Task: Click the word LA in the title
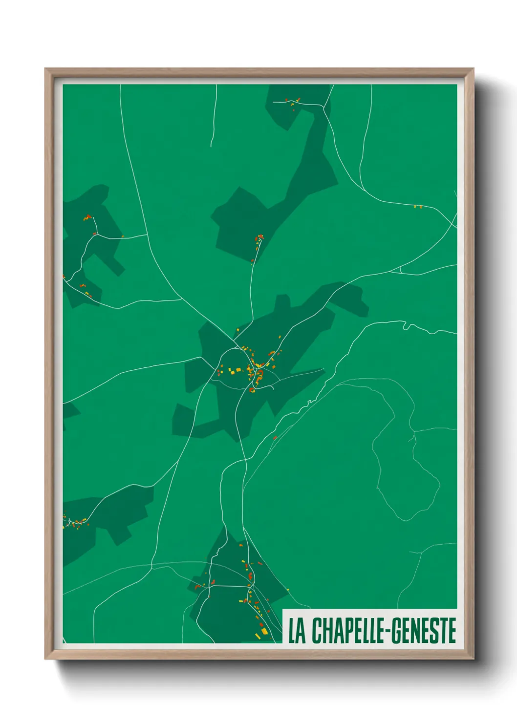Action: pos(296,631)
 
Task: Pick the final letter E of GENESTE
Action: pos(452,631)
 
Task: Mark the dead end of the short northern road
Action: pos(211,146)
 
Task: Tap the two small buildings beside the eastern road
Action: pos(417,207)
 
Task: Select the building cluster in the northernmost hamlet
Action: pos(295,102)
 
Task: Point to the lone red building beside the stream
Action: pos(275,438)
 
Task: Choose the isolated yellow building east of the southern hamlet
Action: pos(287,590)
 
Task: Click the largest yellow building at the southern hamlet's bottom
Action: pos(264,632)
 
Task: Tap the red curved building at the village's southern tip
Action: pos(252,390)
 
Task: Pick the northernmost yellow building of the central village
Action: pos(280,337)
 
